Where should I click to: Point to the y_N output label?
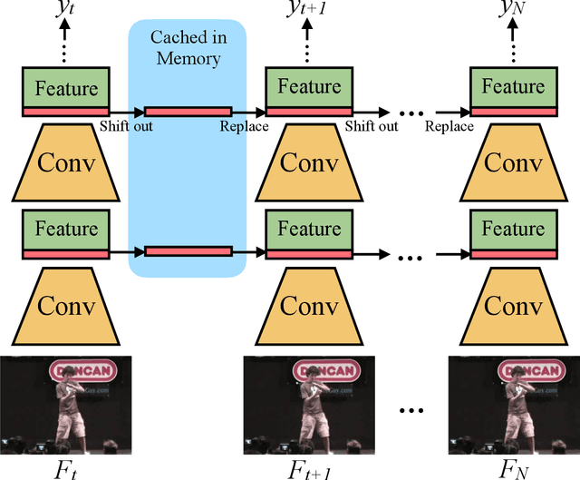[514, 11]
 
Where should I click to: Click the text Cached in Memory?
[188, 48]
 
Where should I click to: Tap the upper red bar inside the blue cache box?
[188, 113]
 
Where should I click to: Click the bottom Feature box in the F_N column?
[514, 230]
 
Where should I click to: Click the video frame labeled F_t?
[65, 405]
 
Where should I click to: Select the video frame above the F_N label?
[514, 405]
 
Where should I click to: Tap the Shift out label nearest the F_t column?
[127, 126]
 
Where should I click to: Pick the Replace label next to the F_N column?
[449, 126]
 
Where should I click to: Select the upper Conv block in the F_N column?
[514, 162]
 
